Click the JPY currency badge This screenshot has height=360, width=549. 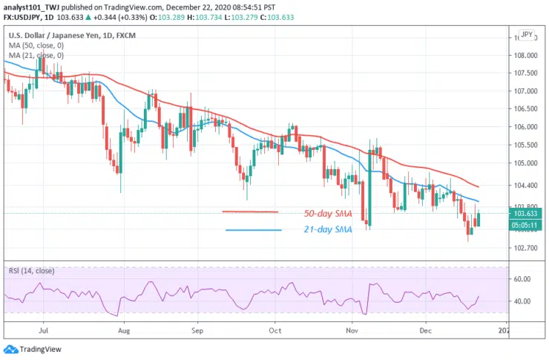click(x=527, y=34)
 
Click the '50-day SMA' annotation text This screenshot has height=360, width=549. click(x=329, y=214)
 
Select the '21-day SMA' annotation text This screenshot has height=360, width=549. click(x=328, y=230)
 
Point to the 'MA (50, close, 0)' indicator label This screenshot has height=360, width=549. click(x=36, y=45)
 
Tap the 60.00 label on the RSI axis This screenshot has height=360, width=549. click(x=522, y=279)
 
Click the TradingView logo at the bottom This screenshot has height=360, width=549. click(x=33, y=348)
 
